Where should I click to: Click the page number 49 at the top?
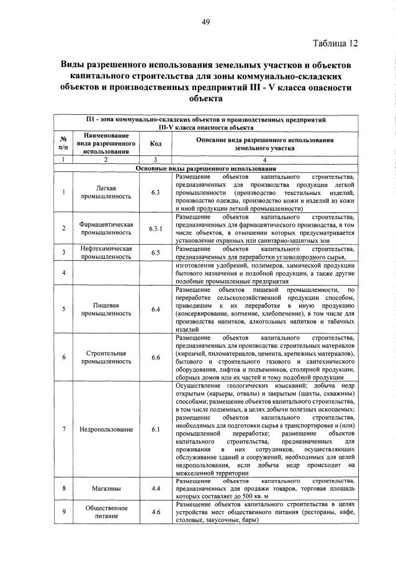[205, 22]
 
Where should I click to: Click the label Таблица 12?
[335, 43]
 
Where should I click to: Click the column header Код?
[155, 143]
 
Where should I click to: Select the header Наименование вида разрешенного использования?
[106, 143]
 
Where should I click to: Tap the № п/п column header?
[63, 143]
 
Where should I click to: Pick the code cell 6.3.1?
[155, 228]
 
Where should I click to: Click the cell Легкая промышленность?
[106, 192]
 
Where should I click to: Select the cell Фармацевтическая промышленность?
[106, 228]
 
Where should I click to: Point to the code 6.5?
[155, 252]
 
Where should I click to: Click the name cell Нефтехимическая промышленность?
[106, 252]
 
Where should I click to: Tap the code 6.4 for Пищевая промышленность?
[155, 309]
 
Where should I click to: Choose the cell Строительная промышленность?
[106, 357]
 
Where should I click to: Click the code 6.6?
[155, 357]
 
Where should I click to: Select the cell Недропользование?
[106, 429]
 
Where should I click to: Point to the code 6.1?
[155, 429]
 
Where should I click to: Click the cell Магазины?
[106, 488]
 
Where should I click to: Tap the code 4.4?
[155, 488]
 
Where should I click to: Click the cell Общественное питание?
[106, 512]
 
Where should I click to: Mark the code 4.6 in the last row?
[155, 512]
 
